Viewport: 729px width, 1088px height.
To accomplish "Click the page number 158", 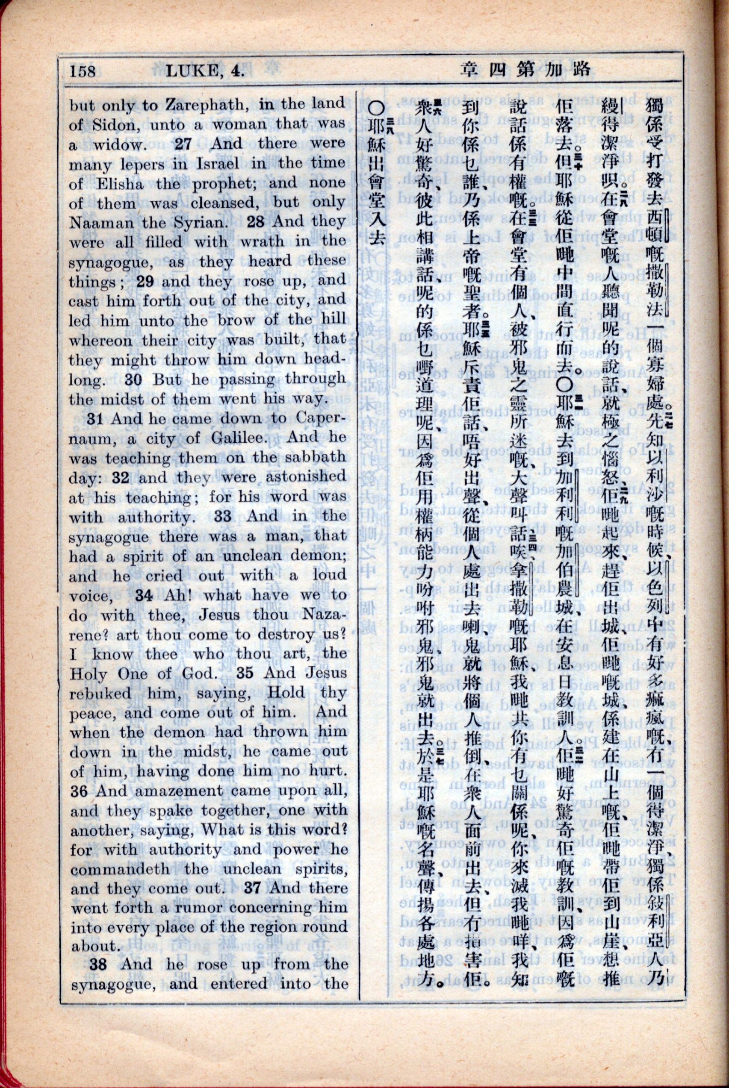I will tap(83, 71).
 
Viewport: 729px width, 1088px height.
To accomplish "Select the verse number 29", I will tap(145, 282).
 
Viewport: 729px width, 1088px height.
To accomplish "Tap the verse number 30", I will tap(133, 379).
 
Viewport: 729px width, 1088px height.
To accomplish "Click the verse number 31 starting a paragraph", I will tap(95, 418).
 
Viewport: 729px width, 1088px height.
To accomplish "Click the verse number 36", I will tap(79, 791).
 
